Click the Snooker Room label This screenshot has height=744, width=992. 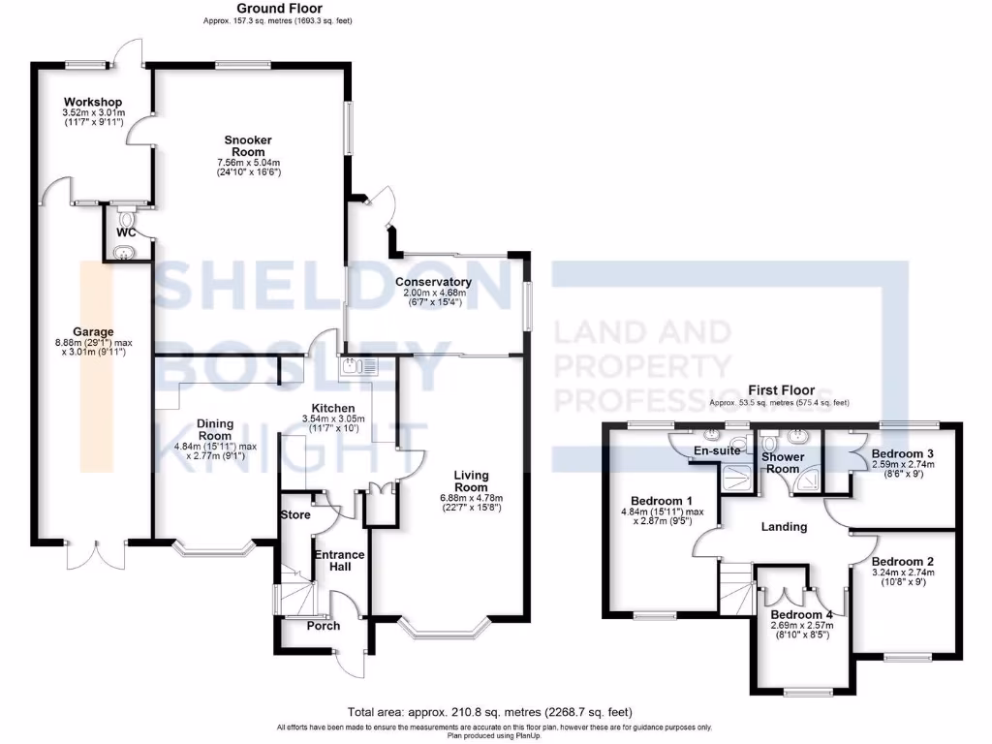tap(248, 146)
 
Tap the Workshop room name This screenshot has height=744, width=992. tap(92, 102)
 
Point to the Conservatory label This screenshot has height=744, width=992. tap(433, 282)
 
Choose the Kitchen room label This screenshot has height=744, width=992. tap(332, 408)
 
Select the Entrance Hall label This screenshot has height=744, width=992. tap(338, 562)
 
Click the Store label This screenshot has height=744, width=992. tap(294, 514)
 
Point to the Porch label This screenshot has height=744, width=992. tap(323, 626)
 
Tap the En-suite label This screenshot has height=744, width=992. tap(718, 450)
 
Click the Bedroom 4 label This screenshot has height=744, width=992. tap(801, 613)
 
